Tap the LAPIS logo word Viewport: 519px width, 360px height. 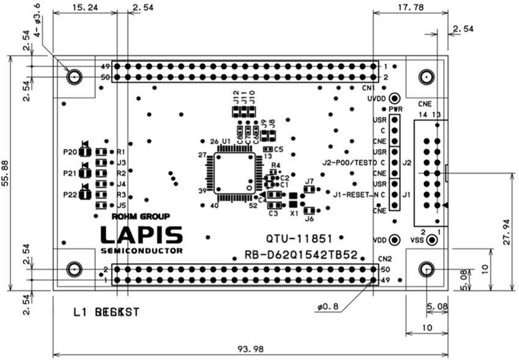pos(141,235)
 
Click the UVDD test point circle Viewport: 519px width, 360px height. pos(394,98)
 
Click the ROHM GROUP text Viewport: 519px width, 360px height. pos(141,216)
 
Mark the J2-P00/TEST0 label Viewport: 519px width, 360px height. pos(351,163)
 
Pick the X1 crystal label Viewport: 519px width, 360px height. pos(294,214)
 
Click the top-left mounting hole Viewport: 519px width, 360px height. pos(74,77)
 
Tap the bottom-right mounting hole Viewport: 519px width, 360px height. pos(426,269)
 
